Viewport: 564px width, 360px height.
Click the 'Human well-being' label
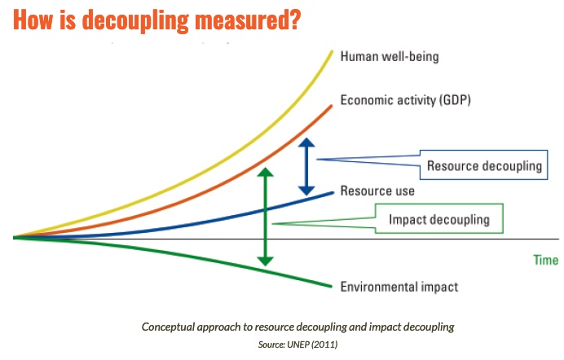[390, 57]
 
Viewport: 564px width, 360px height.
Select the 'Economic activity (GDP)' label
[405, 100]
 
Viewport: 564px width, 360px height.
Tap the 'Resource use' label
[377, 191]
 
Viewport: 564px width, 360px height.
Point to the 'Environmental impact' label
[399, 287]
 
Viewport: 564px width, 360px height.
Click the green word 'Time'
[545, 260]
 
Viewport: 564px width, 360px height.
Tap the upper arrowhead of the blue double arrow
[306, 143]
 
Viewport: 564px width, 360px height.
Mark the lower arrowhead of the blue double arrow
[306, 191]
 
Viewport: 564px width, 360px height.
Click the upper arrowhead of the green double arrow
[266, 172]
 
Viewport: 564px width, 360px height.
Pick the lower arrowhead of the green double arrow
[266, 261]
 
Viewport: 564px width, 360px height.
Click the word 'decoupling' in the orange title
[135, 20]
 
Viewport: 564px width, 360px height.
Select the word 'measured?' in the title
[248, 20]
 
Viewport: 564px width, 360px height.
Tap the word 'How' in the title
[33, 20]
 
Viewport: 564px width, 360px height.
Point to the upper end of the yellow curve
[332, 52]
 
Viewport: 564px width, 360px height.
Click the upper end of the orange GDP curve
[331, 106]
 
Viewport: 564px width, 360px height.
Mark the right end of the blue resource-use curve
[333, 193]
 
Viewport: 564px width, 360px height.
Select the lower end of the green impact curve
[331, 287]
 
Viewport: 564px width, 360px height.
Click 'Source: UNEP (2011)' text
[297, 345]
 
